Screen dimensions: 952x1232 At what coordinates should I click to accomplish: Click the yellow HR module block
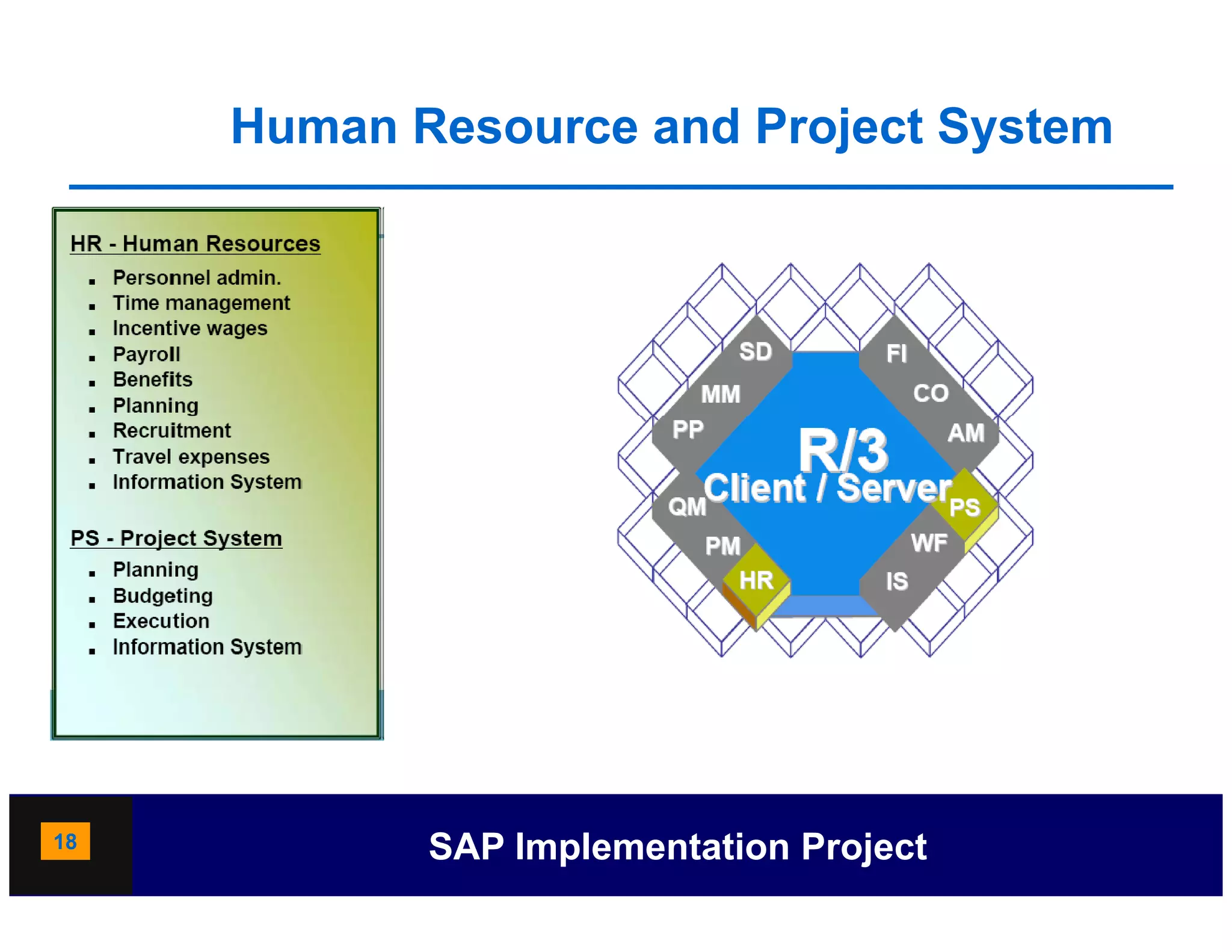coord(756,580)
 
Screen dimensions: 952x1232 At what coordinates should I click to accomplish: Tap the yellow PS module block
coord(964,507)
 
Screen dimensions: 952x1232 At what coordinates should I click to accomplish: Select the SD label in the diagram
coord(755,352)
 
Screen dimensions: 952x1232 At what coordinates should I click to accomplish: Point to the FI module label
coord(896,354)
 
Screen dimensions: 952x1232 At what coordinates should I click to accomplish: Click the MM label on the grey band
coord(720,395)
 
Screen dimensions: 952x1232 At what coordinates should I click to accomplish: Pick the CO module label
coord(931,394)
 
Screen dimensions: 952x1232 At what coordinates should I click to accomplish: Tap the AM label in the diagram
coord(966,433)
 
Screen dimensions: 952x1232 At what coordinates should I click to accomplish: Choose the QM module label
coord(687,507)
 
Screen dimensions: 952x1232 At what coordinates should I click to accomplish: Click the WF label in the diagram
coord(929,543)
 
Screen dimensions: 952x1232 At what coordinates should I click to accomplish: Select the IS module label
coord(896,582)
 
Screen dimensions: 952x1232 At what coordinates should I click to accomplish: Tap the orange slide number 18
coord(65,841)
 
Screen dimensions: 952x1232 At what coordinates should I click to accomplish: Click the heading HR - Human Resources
coord(195,244)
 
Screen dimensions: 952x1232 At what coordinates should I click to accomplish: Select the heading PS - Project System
coord(176,538)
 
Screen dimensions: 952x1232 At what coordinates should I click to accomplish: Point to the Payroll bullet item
coord(146,354)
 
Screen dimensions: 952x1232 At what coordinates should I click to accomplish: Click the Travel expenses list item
coord(191,457)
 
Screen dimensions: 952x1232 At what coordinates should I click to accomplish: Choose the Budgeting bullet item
coord(162,596)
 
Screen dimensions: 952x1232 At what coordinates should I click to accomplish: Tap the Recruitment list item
coord(171,431)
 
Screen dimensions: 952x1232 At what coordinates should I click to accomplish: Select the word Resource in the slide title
coord(525,127)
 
